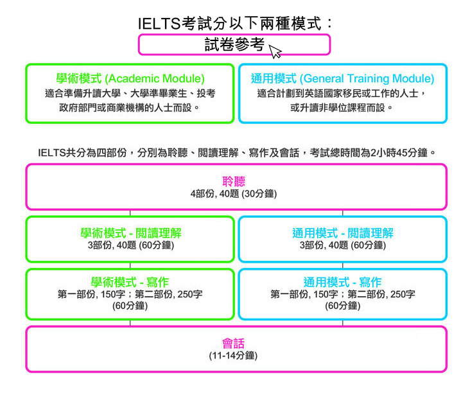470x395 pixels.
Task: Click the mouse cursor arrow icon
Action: pyautogui.click(x=274, y=51)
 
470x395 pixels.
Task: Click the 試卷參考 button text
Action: pyautogui.click(x=234, y=44)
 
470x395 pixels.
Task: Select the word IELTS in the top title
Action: pyautogui.click(x=159, y=23)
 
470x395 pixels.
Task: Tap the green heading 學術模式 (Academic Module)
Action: pyautogui.click(x=130, y=78)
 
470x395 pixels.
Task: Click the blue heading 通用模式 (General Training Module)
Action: pyautogui.click(x=343, y=78)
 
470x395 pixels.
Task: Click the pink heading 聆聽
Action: pyautogui.click(x=234, y=181)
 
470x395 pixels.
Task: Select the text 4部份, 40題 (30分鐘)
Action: pyautogui.click(x=234, y=194)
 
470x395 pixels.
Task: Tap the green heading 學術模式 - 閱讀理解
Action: pyautogui.click(x=131, y=233)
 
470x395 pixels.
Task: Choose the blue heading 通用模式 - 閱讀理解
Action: pyautogui.click(x=343, y=233)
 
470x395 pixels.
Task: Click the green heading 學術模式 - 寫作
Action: pyautogui.click(x=130, y=282)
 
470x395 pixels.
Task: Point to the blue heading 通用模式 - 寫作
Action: pyautogui.click(x=342, y=282)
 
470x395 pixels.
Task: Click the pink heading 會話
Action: pyautogui.click(x=234, y=343)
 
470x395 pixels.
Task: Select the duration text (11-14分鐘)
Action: pyautogui.click(x=233, y=356)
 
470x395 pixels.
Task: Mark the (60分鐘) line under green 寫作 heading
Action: pyautogui.click(x=130, y=306)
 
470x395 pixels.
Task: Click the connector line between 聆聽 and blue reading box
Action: pyautogui.click(x=343, y=213)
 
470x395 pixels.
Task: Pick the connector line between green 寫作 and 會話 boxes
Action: pyautogui.click(x=130, y=323)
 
